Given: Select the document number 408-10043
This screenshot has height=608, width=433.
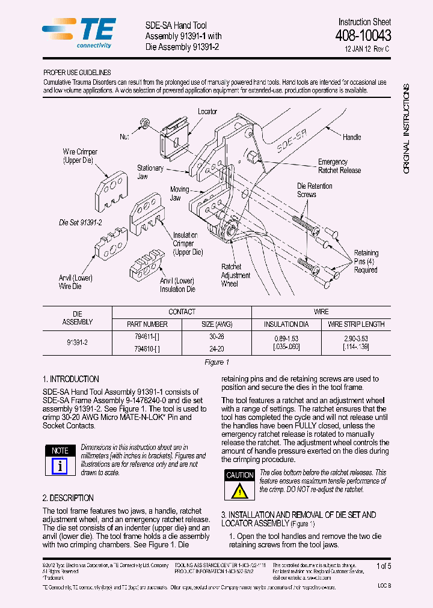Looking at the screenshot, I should coord(363,35).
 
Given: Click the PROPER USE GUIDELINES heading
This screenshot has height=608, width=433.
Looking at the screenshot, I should coord(77,72).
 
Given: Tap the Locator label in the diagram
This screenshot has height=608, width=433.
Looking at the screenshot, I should coord(207,112).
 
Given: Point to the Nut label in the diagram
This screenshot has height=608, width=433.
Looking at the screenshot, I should coord(124,137).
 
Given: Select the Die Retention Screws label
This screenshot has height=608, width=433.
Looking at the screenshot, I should coord(315,190).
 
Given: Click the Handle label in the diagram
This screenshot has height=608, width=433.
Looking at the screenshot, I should coord(352,138).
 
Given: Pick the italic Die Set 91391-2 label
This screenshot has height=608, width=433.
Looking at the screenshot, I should coord(81,222).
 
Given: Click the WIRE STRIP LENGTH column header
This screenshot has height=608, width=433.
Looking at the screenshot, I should coord(356,324).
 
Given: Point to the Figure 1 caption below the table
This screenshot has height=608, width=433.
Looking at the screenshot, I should coord(217,362).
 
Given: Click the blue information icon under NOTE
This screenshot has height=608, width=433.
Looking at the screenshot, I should coord(60,466).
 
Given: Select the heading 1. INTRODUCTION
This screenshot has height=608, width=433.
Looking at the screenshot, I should coord(71,379).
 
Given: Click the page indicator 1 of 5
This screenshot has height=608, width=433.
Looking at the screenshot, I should coord(383,566).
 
